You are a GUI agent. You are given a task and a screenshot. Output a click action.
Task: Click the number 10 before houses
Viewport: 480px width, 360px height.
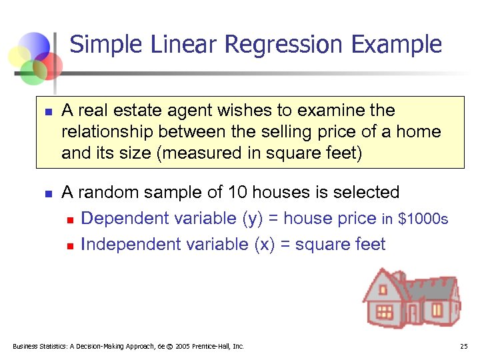coord(237,193)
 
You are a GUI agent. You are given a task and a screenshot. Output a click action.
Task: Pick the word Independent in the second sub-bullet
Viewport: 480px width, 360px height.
coord(130,245)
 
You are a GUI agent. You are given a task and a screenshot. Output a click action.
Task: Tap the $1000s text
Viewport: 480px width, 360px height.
coord(423,219)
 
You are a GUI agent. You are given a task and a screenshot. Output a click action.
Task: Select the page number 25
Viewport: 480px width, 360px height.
coord(465,347)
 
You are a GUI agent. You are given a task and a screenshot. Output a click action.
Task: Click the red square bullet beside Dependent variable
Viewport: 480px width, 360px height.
coord(71,219)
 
